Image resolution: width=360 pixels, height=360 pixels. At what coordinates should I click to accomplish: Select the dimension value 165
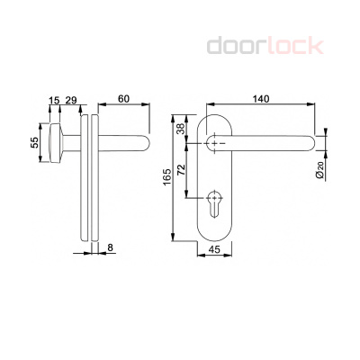click(x=167, y=180)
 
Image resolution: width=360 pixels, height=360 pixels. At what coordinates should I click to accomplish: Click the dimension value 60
click(x=123, y=99)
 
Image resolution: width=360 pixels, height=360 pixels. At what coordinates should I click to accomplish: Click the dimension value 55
click(x=36, y=143)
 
